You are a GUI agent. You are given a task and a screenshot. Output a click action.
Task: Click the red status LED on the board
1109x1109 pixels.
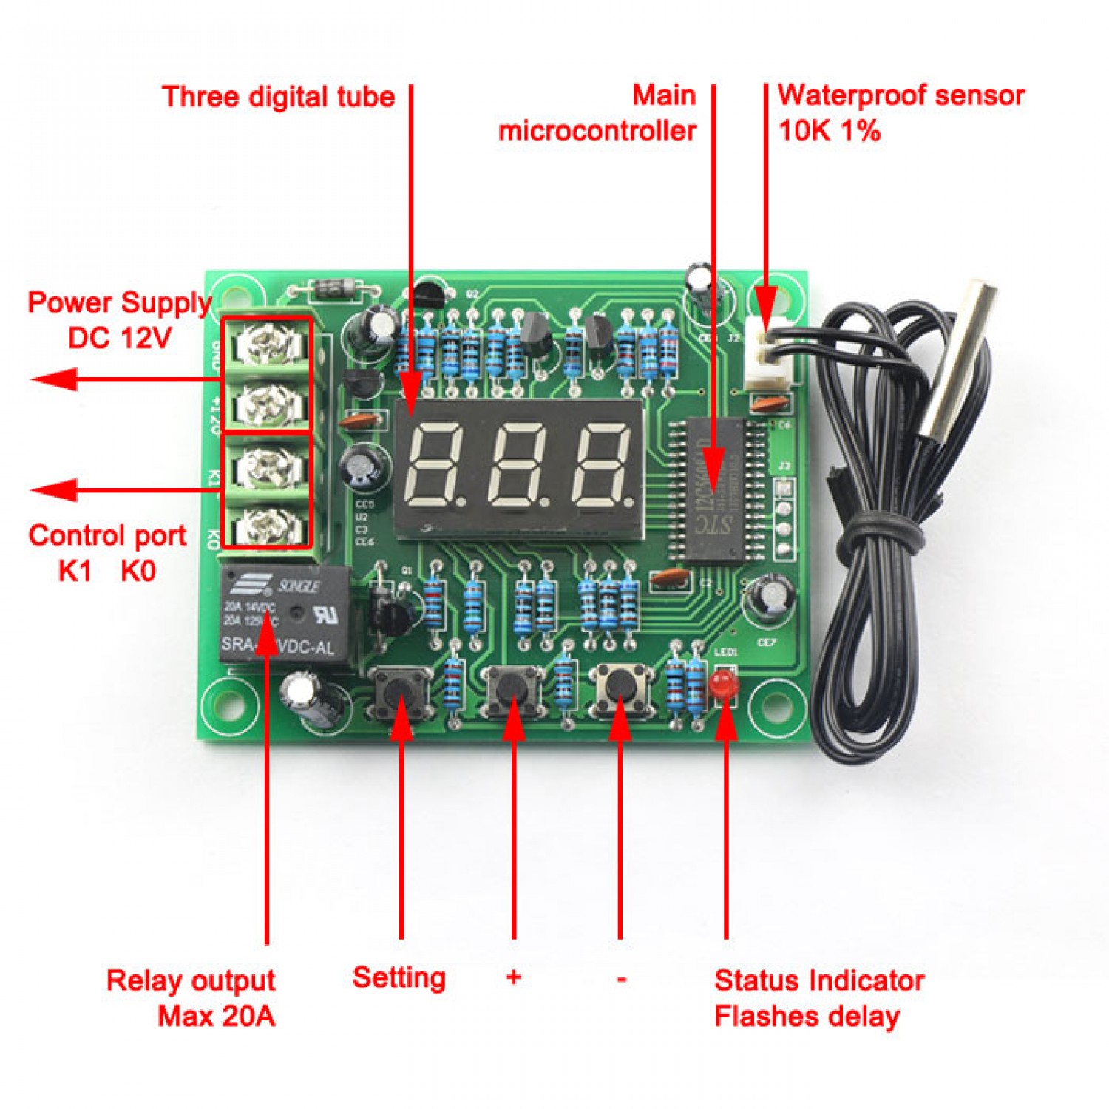pyautogui.click(x=725, y=684)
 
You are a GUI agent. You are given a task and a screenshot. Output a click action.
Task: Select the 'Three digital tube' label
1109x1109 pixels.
pyautogui.click(x=279, y=97)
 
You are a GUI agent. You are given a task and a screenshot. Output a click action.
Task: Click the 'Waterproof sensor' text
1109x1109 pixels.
pyautogui.click(x=901, y=95)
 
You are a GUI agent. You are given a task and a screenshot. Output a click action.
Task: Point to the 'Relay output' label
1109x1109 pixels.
pyautogui.click(x=191, y=980)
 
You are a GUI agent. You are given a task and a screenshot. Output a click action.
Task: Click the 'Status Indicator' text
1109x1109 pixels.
pyautogui.click(x=819, y=980)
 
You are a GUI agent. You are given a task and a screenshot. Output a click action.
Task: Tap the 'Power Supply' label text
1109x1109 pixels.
pyautogui.click(x=120, y=302)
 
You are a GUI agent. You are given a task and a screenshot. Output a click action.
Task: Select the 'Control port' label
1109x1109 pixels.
pyautogui.click(x=107, y=535)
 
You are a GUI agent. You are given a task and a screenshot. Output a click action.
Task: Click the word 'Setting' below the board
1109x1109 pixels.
pyautogui.click(x=399, y=977)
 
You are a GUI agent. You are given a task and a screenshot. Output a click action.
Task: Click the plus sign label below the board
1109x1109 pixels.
pyautogui.click(x=514, y=977)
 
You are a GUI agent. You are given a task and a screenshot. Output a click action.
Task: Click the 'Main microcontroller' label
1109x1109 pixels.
pyautogui.click(x=597, y=113)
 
